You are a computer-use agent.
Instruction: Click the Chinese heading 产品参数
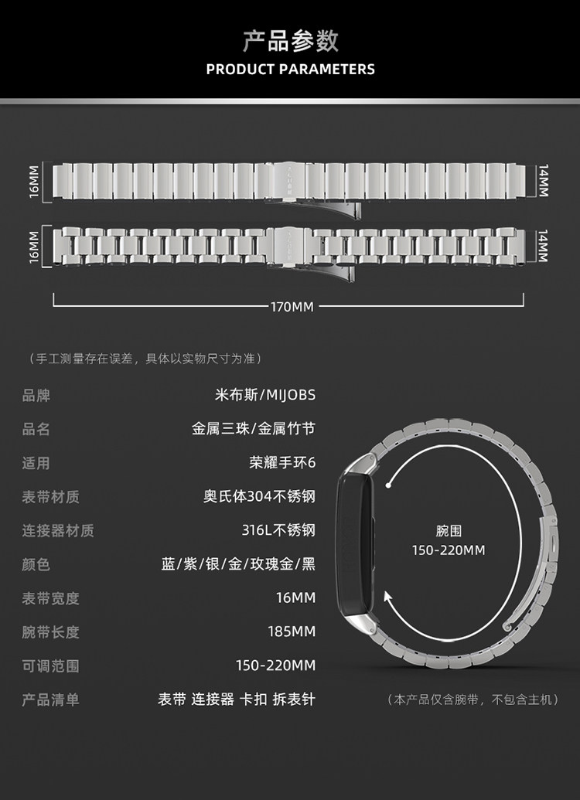pyautogui.click(x=290, y=40)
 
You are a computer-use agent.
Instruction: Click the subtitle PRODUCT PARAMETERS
pyautogui.click(x=290, y=70)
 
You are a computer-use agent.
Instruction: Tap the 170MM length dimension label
pyautogui.click(x=292, y=307)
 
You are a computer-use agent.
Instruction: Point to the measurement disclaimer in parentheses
pyautogui.click(x=145, y=359)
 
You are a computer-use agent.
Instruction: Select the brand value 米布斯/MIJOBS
pyautogui.click(x=264, y=395)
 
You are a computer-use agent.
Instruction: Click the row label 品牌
pyautogui.click(x=36, y=395)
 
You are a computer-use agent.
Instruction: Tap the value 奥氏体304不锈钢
pyautogui.click(x=260, y=497)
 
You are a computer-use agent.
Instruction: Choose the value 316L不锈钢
pyautogui.click(x=278, y=530)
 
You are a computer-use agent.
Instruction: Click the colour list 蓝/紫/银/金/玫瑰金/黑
pyautogui.click(x=238, y=564)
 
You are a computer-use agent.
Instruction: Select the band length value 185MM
pyautogui.click(x=292, y=631)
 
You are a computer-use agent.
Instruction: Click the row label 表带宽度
pyautogui.click(x=50, y=598)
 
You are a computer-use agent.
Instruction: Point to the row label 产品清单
pyautogui.click(x=50, y=700)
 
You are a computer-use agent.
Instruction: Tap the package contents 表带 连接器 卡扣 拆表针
pyautogui.click(x=237, y=700)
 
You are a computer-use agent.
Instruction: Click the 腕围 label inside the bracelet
pyautogui.click(x=449, y=531)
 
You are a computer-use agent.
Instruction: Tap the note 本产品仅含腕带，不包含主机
pyautogui.click(x=472, y=700)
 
